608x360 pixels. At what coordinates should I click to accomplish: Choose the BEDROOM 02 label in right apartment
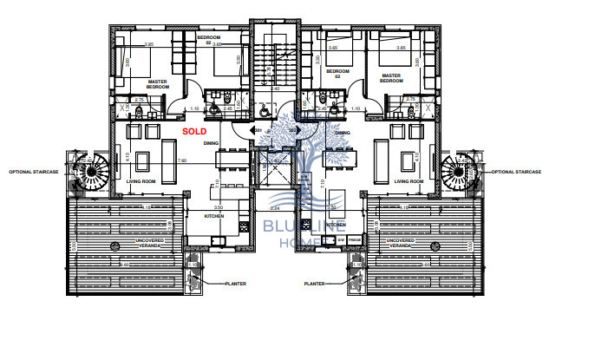[x=337, y=73]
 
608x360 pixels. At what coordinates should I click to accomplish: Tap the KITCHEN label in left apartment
[x=215, y=215]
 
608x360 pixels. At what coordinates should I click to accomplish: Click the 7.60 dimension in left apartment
[x=181, y=160]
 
